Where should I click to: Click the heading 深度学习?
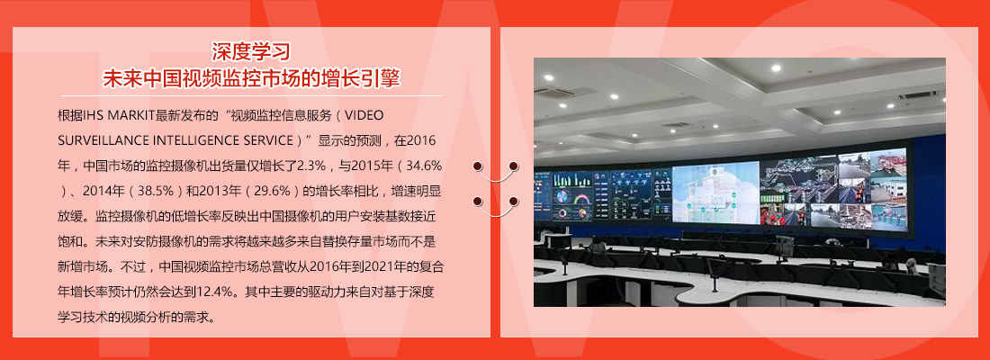(251, 51)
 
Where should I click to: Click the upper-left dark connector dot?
(478, 166)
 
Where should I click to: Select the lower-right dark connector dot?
(513, 201)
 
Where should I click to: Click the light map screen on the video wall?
(715, 192)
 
